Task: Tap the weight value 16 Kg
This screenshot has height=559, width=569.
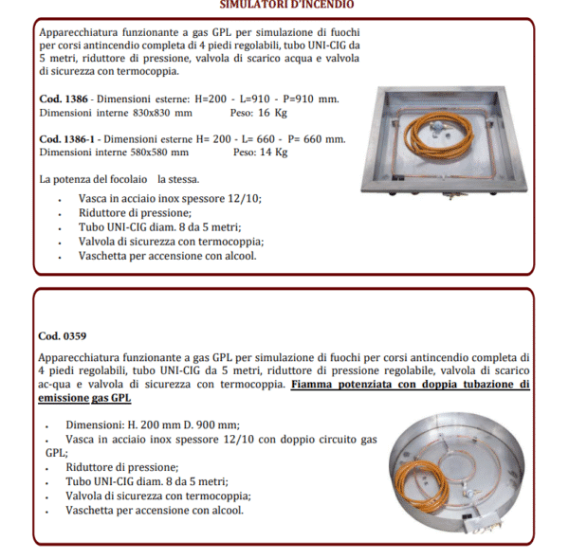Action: click(x=248, y=112)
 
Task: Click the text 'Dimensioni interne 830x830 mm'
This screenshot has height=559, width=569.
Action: click(x=116, y=112)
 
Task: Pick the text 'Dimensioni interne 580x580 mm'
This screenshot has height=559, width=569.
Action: click(x=114, y=152)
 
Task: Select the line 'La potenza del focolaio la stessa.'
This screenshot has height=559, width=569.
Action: click(x=119, y=179)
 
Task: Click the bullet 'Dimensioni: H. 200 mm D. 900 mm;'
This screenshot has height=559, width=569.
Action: click(x=153, y=424)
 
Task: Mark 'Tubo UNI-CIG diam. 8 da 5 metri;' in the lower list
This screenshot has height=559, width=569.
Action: click(x=147, y=481)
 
